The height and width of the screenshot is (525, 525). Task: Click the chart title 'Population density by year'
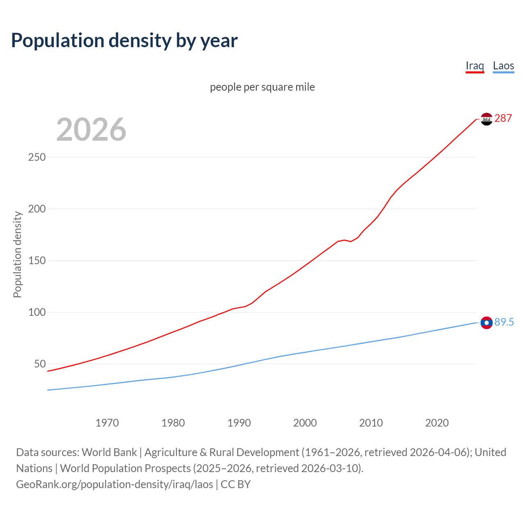[x=124, y=40]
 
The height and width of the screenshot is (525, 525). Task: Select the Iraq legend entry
[x=475, y=66]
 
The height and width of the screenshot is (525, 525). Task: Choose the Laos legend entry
[x=503, y=66]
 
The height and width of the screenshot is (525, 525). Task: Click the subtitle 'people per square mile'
[x=262, y=87]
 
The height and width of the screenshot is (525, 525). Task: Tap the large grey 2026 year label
[x=91, y=129]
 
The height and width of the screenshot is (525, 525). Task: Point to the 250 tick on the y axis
[x=37, y=157]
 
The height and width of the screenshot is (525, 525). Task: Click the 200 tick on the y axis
[x=37, y=209]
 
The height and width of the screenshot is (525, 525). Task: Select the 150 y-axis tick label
[x=37, y=260]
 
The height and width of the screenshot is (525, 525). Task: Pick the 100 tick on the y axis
[x=37, y=312]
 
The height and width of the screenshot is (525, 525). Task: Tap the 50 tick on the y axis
[x=40, y=364]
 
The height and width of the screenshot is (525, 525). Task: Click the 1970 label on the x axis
[x=107, y=423]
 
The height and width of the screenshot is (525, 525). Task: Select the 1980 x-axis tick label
[x=173, y=423]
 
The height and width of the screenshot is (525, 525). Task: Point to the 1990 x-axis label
[x=239, y=423]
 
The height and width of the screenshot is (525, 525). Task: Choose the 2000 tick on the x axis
[x=305, y=423]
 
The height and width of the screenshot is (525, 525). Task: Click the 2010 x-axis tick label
[x=371, y=423]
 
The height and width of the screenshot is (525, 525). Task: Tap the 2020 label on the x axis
[x=437, y=423]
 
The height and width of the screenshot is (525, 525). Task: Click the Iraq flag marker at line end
[x=486, y=119]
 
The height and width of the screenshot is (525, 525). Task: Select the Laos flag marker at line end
[x=486, y=323]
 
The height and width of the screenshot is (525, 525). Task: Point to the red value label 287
[x=503, y=118]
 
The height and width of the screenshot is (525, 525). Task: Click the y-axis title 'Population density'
[x=17, y=254]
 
